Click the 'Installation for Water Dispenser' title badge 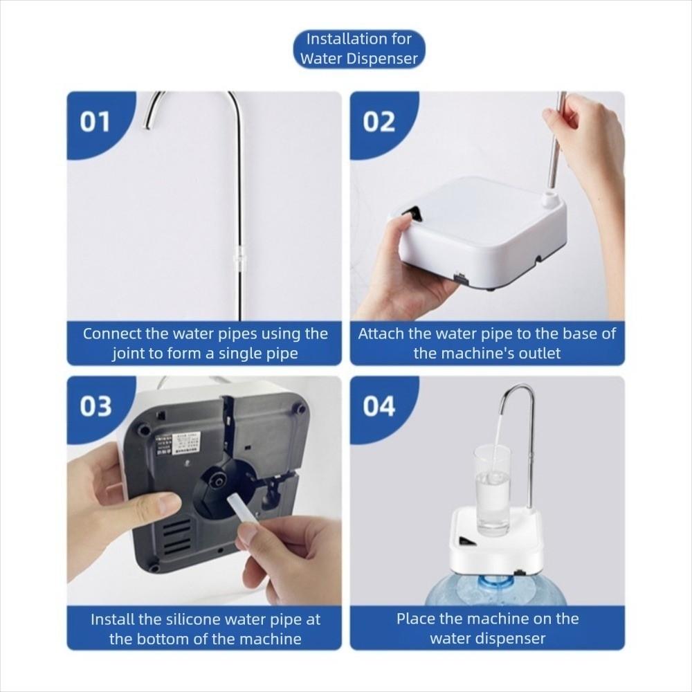click(x=358, y=49)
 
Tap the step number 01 click(x=95, y=122)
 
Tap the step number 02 click(x=379, y=122)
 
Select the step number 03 click(x=95, y=407)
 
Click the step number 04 click(x=379, y=407)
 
